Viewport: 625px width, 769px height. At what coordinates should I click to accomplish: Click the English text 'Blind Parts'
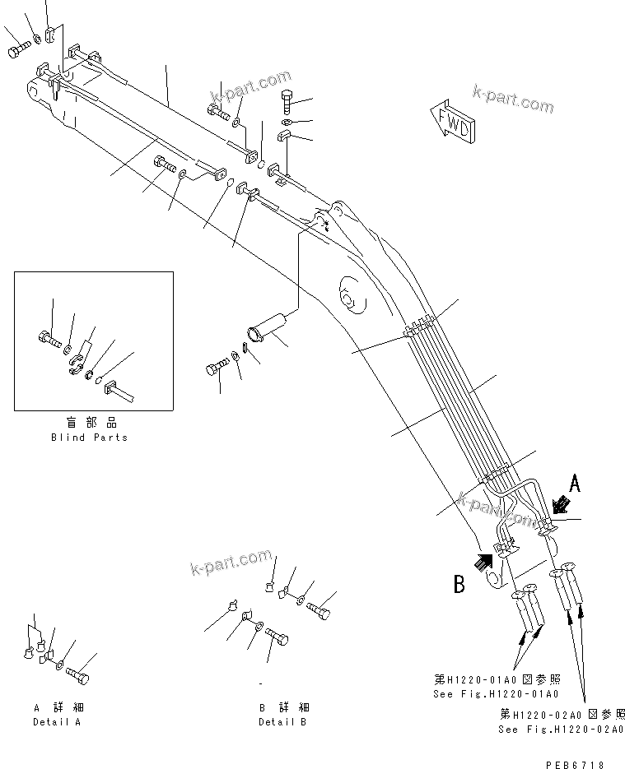point(89,438)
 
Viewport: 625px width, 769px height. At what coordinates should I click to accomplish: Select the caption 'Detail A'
point(57,722)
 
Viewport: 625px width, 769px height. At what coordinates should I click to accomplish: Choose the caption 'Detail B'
point(282,722)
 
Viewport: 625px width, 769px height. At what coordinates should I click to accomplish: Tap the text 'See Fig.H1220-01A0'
point(486,694)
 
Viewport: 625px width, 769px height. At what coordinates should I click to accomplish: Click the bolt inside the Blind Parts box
point(47,336)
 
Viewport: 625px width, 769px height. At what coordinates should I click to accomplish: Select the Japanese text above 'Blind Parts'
point(89,424)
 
